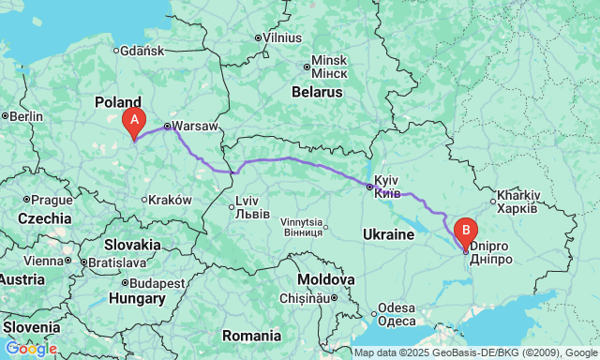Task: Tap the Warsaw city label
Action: (x=195, y=126)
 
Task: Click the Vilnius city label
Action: (x=282, y=38)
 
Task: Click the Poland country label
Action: (x=118, y=101)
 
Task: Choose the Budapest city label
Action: (x=157, y=283)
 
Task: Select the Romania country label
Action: (x=251, y=335)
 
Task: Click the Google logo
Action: (x=30, y=349)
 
